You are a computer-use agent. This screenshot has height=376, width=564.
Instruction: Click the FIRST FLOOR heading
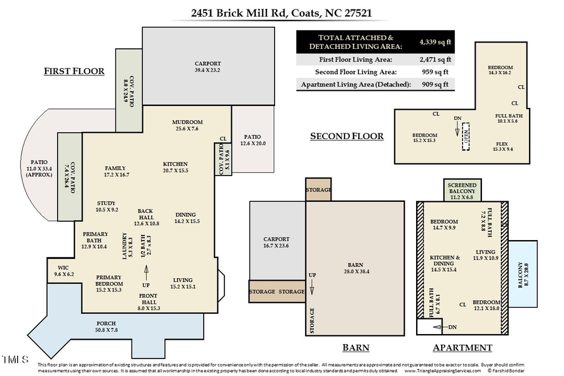pos(74,71)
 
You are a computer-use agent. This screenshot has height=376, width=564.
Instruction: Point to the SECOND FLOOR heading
pos(347,136)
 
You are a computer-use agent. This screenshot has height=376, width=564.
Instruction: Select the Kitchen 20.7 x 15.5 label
pos(175,167)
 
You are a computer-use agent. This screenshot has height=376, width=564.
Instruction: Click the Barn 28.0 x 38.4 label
pos(355,268)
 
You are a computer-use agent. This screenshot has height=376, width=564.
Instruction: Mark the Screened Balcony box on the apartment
pos(462,189)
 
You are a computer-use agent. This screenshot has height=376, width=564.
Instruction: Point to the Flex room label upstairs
pos(502,146)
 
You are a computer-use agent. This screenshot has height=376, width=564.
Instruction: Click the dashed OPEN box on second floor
pos(466,135)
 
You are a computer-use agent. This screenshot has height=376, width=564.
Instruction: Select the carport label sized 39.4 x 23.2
pos(208,67)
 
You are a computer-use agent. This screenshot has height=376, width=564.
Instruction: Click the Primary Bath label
pos(95,241)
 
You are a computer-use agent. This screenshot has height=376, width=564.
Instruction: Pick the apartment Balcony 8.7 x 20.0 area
pos(523,274)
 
